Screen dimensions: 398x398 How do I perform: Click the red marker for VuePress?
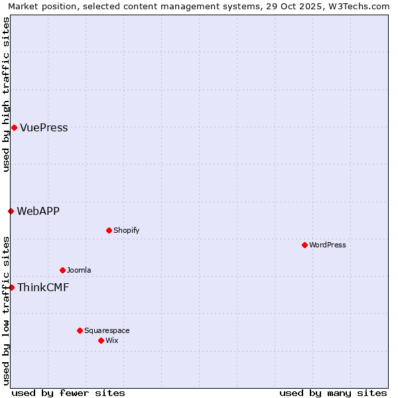tap(14, 127)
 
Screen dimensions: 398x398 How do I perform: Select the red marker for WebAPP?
tap(11, 211)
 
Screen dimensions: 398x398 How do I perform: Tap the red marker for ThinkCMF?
tap(11, 287)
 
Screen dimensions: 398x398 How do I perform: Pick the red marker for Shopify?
tap(109, 230)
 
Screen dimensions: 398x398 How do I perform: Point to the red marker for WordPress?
tap(304, 245)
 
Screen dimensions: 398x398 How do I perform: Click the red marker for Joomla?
tap(62, 270)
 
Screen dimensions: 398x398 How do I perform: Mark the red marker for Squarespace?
tap(80, 330)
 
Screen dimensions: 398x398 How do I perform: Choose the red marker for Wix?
tap(101, 340)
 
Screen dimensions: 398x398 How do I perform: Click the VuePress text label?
tap(44, 128)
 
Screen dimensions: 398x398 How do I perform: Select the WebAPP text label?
tap(38, 212)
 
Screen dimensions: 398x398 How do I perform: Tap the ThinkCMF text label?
tap(43, 288)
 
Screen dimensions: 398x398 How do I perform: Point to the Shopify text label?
tap(126, 231)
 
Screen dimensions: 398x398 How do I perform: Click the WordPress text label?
tap(328, 245)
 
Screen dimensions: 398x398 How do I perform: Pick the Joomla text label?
tap(79, 271)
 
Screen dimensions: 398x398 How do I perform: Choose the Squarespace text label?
tap(107, 331)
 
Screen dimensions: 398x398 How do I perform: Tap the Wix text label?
tap(111, 341)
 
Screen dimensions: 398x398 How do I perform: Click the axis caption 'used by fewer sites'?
tap(68, 393)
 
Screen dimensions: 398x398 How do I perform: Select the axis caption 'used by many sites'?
tap(333, 393)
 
